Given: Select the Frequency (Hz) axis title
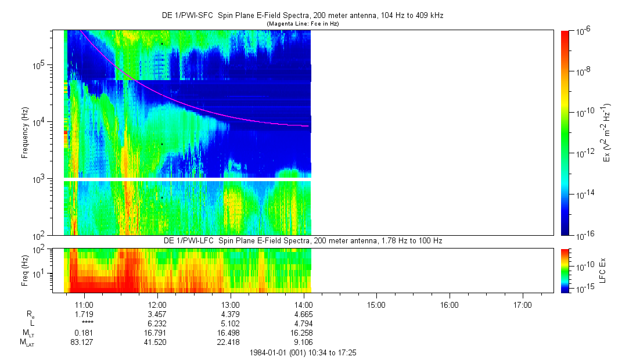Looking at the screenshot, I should (25, 133).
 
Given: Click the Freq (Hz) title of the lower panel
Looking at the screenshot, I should (25, 271).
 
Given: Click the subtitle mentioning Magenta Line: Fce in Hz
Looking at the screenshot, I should (302, 24).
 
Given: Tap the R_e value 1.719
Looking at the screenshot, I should (85, 314).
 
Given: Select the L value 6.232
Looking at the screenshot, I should (158, 323).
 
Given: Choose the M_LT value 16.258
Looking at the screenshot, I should (304, 332).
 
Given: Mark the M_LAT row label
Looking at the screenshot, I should (27, 342).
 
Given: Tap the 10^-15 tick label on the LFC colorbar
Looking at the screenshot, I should (583, 289).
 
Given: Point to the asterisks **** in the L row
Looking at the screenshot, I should (87, 323).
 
